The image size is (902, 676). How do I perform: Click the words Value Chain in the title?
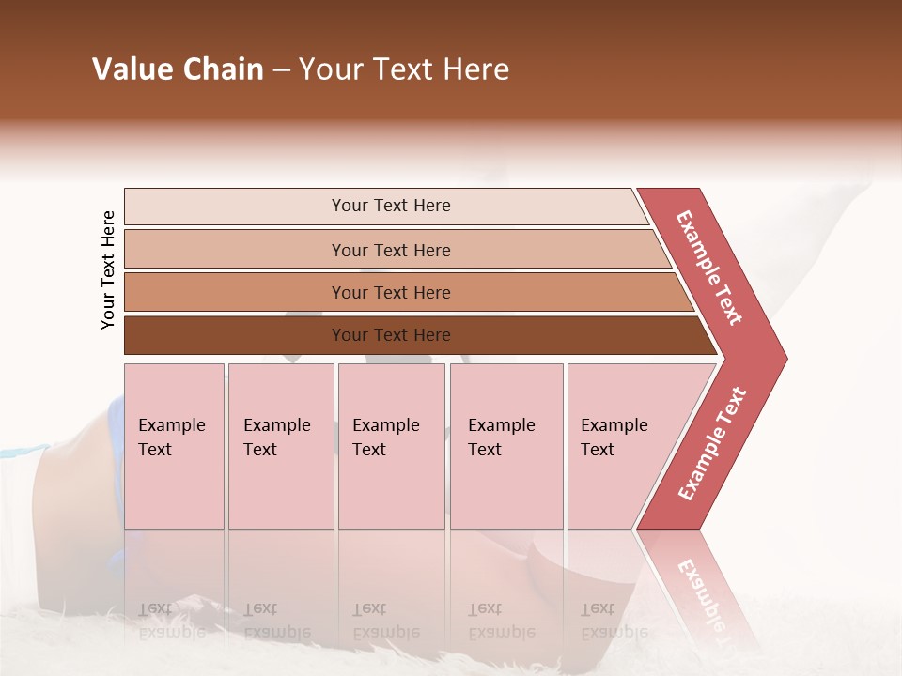click(x=178, y=69)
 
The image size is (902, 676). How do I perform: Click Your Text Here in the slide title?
click(x=404, y=69)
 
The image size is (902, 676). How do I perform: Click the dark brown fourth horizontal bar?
click(x=235, y=335)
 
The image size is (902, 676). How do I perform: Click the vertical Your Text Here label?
click(x=109, y=269)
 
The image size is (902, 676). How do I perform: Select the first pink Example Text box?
click(x=174, y=445)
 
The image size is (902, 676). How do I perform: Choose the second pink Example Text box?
click(x=281, y=445)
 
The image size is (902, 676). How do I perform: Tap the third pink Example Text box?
click(x=391, y=445)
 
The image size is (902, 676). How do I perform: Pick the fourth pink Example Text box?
click(x=506, y=445)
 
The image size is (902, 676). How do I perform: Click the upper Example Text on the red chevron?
click(x=709, y=268)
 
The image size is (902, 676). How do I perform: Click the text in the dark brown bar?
click(x=391, y=335)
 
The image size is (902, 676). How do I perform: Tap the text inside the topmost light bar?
click(x=391, y=206)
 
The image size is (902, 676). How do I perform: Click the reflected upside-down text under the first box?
click(x=172, y=620)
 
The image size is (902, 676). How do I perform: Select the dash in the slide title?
click(x=281, y=70)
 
